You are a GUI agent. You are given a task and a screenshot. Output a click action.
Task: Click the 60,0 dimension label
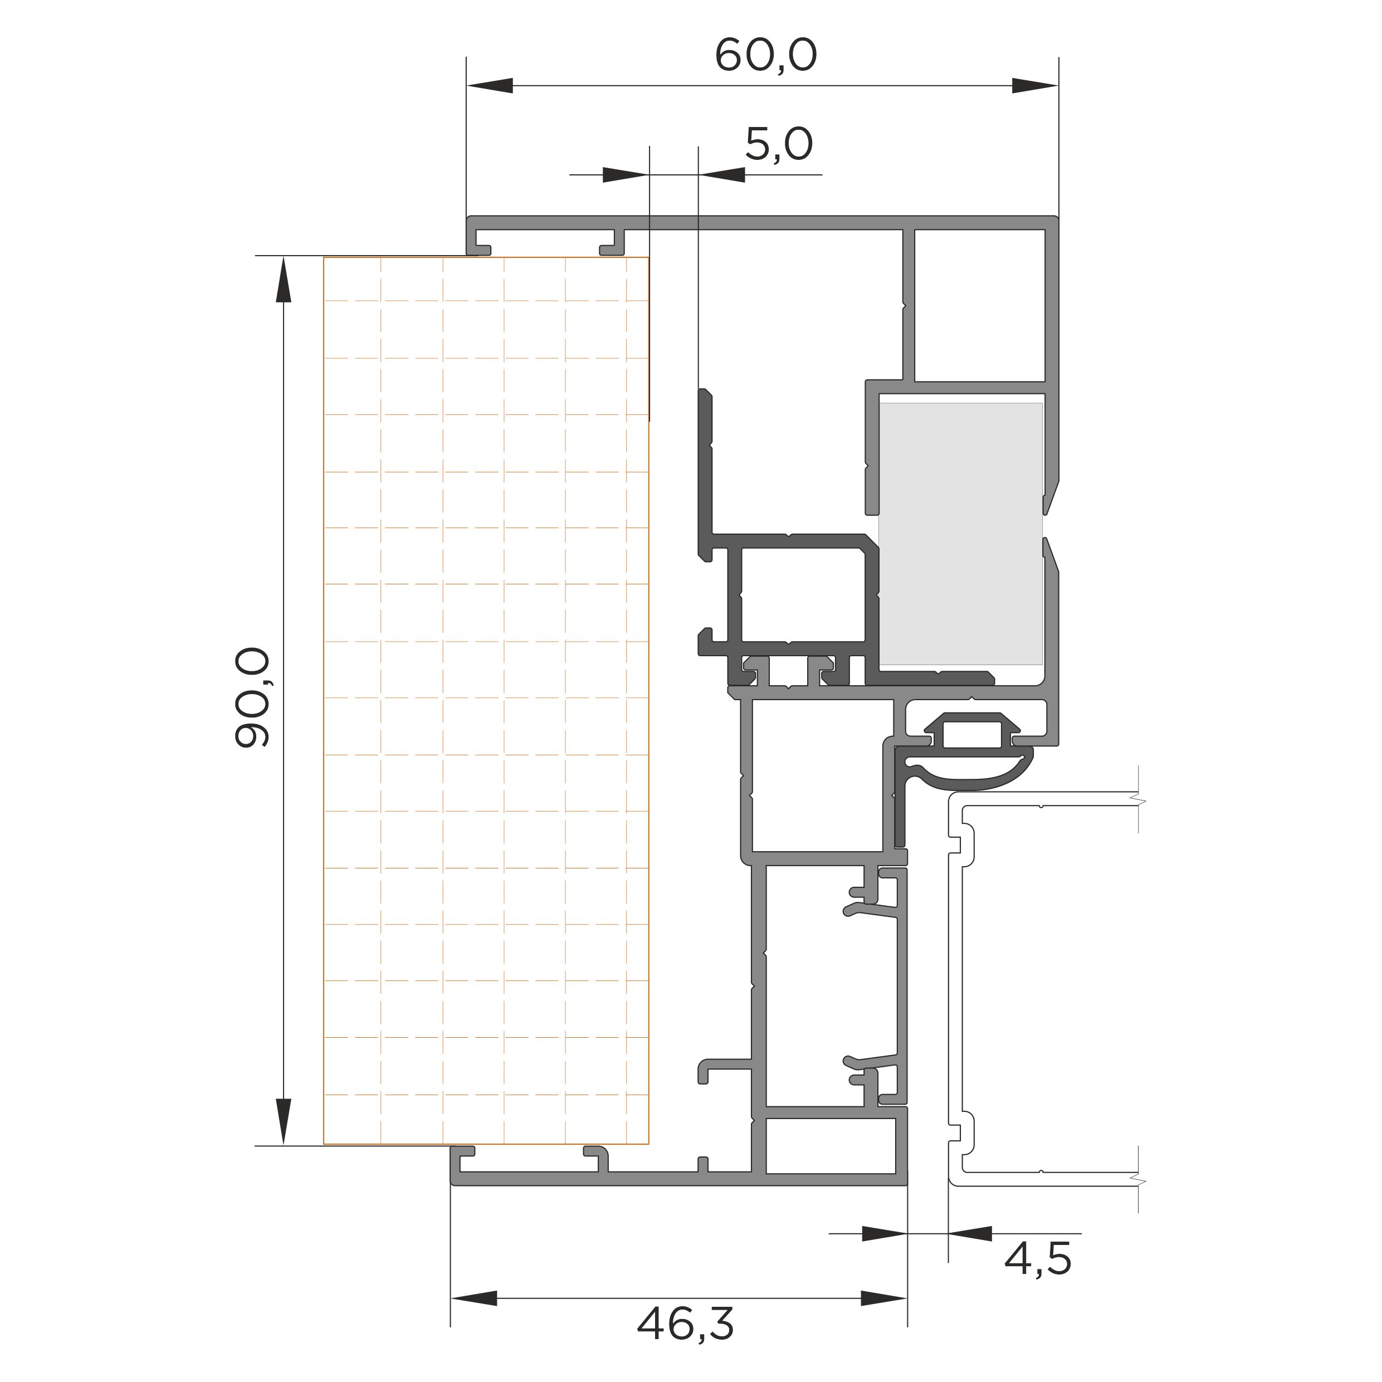[x=765, y=56]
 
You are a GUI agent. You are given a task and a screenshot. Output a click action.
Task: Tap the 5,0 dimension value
[x=779, y=144]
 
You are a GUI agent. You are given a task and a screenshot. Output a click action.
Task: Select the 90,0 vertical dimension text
[x=252, y=697]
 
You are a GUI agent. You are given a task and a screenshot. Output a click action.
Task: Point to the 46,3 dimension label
[x=685, y=1325]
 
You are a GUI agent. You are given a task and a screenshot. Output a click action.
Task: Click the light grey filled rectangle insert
[x=960, y=534]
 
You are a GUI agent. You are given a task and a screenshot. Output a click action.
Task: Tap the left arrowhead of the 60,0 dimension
[x=490, y=86]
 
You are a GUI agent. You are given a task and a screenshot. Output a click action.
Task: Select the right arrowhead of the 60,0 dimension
[x=1035, y=86]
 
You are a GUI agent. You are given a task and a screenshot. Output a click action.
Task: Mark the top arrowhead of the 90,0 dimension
[x=284, y=280]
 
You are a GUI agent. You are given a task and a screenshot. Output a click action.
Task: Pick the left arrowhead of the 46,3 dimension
[x=473, y=1298]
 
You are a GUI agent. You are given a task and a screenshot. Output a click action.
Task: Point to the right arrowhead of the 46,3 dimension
[x=883, y=1298]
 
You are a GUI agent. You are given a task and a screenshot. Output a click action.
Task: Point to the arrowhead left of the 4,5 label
[x=884, y=1233]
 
